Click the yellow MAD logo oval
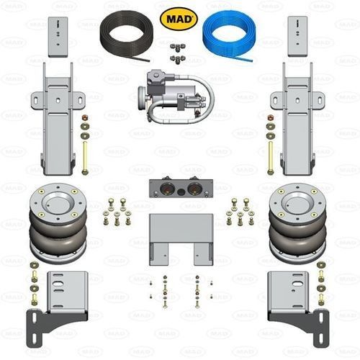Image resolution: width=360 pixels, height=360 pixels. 179,19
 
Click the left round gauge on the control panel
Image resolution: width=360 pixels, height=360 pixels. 166,189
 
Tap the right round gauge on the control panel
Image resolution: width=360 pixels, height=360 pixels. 194,189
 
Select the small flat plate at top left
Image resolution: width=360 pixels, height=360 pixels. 58,37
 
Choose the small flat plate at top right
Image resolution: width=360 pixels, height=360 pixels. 297,37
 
